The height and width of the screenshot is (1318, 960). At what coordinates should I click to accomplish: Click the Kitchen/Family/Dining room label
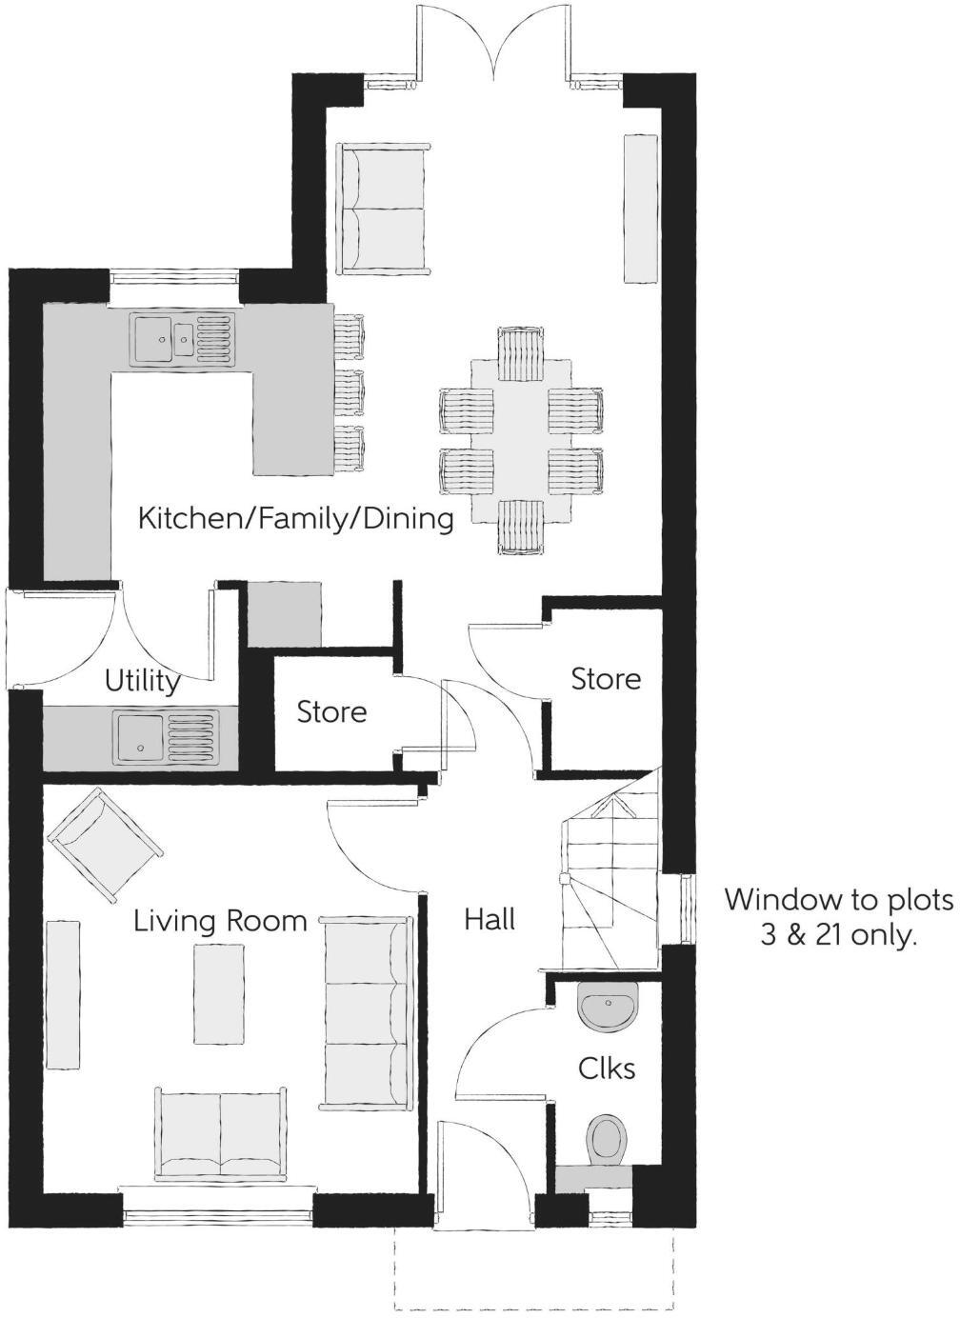click(295, 519)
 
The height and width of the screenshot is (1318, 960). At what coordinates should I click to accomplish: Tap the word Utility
click(142, 681)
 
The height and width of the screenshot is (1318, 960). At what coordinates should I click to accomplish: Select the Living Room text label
click(220, 921)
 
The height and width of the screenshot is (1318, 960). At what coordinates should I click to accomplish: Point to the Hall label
click(490, 919)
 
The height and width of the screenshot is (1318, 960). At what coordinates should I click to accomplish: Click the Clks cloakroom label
click(607, 1068)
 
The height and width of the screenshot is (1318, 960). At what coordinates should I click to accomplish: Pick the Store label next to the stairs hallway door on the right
click(606, 679)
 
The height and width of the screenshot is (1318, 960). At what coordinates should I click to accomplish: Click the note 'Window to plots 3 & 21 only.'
click(838, 917)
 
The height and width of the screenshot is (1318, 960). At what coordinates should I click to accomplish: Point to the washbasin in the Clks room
click(608, 1008)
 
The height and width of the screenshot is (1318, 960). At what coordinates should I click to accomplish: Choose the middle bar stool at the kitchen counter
click(350, 391)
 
